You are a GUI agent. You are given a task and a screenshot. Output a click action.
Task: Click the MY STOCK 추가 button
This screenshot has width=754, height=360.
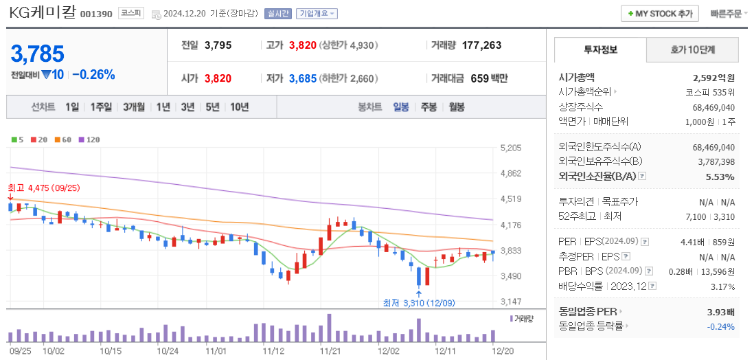pyautogui.click(x=659, y=14)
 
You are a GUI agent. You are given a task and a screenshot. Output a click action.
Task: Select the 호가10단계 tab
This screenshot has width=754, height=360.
pyautogui.click(x=692, y=50)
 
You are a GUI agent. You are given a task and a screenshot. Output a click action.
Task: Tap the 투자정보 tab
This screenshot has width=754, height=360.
pyautogui.click(x=600, y=50)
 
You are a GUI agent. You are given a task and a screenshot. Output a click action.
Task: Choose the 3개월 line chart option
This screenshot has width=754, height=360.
pyautogui.click(x=134, y=107)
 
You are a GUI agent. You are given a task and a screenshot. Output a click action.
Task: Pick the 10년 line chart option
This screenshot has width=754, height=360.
pyautogui.click(x=240, y=107)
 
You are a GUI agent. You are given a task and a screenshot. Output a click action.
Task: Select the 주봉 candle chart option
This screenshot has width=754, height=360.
pyautogui.click(x=429, y=107)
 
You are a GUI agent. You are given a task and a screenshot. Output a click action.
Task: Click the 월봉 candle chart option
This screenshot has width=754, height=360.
pyautogui.click(x=457, y=107)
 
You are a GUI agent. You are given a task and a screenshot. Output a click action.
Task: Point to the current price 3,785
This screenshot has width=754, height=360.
pyautogui.click(x=38, y=54)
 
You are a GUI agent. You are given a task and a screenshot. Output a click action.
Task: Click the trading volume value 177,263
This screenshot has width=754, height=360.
pyautogui.click(x=481, y=45)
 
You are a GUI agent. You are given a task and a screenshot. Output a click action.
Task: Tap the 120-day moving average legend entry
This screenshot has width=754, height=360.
pyautogui.click(x=90, y=139)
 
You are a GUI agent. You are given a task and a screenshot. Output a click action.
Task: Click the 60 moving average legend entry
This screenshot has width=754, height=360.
pyautogui.click(x=62, y=139)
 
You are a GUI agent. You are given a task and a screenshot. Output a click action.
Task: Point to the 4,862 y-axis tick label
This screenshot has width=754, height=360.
pyautogui.click(x=512, y=174)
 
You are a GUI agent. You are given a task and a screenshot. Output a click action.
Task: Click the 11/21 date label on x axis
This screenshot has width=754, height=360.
pyautogui.click(x=330, y=350)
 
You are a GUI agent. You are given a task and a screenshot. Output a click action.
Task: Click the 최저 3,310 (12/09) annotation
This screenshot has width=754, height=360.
pyautogui.click(x=419, y=302)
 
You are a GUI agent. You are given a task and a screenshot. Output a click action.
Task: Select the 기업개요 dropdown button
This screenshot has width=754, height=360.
pyautogui.click(x=317, y=14)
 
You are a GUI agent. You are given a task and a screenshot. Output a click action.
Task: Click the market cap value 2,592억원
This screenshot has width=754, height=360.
pyautogui.click(x=713, y=78)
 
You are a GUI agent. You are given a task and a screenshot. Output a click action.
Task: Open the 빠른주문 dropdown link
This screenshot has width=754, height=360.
pyautogui.click(x=727, y=14)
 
